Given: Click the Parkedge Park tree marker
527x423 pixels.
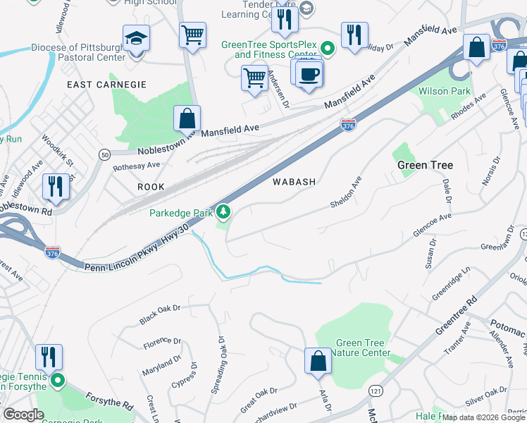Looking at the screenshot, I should pyautogui.click(x=223, y=211).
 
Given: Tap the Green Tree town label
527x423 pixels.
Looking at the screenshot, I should pyautogui.click(x=425, y=165).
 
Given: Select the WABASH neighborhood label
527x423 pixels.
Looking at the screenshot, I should pyautogui.click(x=294, y=181).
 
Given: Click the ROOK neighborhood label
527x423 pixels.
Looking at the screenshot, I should pyautogui.click(x=151, y=187).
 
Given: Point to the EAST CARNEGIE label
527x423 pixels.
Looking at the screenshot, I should pyautogui.click(x=106, y=85).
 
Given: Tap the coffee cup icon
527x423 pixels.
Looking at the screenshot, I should pyautogui.click(x=309, y=73).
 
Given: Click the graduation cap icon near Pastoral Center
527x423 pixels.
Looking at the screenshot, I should pyautogui.click(x=136, y=38).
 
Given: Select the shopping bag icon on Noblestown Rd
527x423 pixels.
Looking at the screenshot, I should pyautogui.click(x=187, y=118).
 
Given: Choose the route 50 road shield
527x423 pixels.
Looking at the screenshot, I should pyautogui.click(x=104, y=154).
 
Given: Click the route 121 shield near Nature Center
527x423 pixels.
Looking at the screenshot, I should pyautogui.click(x=374, y=391).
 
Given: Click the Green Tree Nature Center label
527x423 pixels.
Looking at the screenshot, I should pyautogui.click(x=360, y=348).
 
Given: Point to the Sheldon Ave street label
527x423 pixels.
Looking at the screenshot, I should pyautogui.click(x=346, y=192).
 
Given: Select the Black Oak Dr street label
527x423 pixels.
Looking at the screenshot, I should pyautogui.click(x=160, y=315).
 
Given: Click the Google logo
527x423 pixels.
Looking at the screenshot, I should pyautogui.click(x=24, y=415).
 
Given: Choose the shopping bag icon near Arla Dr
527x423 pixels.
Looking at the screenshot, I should pyautogui.click(x=318, y=361).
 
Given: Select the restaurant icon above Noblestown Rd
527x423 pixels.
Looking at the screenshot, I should pyautogui.click(x=54, y=187).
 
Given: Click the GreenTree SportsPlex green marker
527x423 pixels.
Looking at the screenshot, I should pyautogui.click(x=327, y=49).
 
